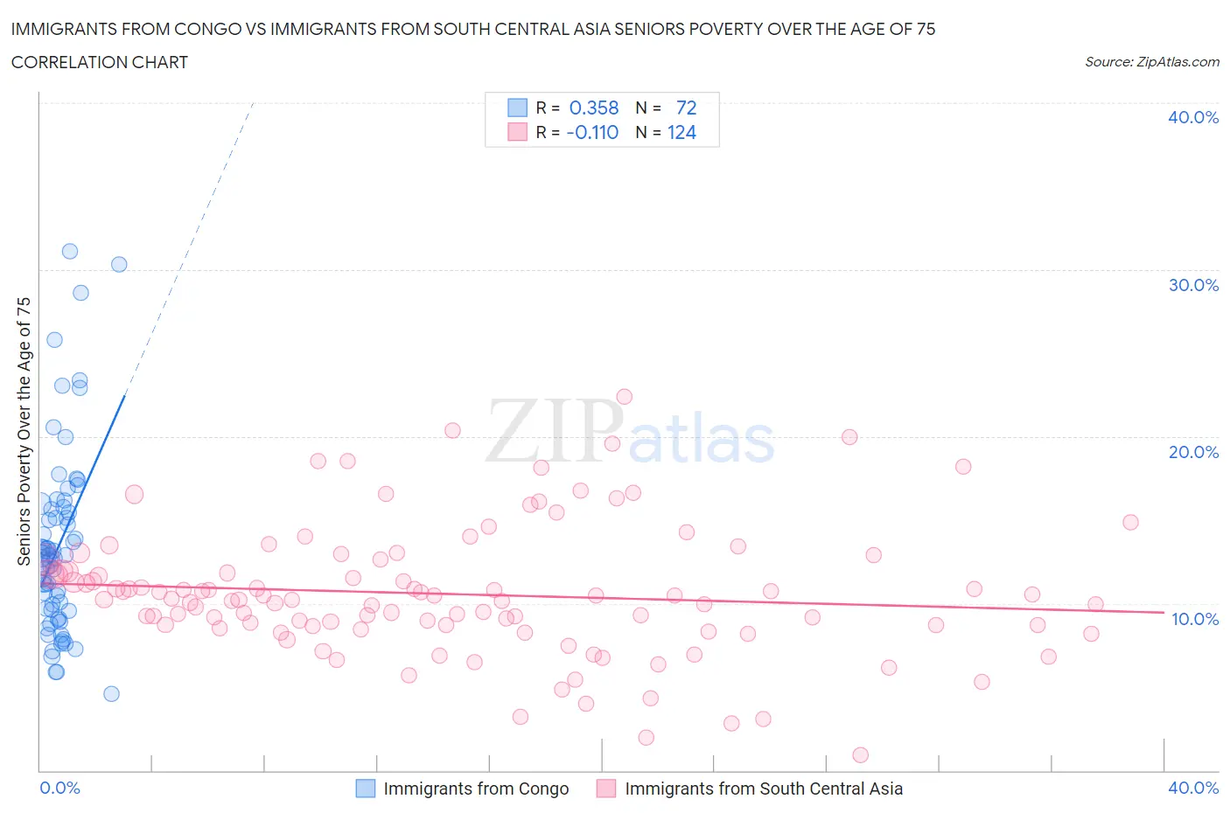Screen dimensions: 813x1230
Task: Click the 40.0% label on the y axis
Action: click(1192, 117)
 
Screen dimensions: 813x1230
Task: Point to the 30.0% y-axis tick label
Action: click(1192, 285)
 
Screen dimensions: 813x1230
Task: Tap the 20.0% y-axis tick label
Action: click(1192, 452)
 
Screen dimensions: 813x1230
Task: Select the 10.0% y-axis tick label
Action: click(1194, 619)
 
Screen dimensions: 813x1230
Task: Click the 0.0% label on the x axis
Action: click(59, 788)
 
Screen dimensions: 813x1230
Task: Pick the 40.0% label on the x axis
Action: click(1193, 788)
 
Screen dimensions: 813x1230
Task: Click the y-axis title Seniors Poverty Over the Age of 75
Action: click(24, 431)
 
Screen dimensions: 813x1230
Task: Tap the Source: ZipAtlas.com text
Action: click(1151, 62)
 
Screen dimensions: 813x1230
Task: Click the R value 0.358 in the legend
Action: click(593, 108)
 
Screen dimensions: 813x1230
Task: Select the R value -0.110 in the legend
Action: click(592, 132)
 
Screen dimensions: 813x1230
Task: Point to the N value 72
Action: click(686, 108)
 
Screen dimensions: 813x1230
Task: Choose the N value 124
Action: click(681, 132)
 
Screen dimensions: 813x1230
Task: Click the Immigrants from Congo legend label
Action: click(476, 789)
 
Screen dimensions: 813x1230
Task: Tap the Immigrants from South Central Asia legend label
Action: click(763, 789)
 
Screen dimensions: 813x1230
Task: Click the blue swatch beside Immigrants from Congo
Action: click(365, 789)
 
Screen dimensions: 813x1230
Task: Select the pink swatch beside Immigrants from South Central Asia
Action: click(606, 789)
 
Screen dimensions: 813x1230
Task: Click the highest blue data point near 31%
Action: click(70, 251)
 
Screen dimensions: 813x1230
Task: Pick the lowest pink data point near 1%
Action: click(860, 754)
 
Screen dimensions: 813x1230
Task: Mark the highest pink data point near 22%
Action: click(624, 397)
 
